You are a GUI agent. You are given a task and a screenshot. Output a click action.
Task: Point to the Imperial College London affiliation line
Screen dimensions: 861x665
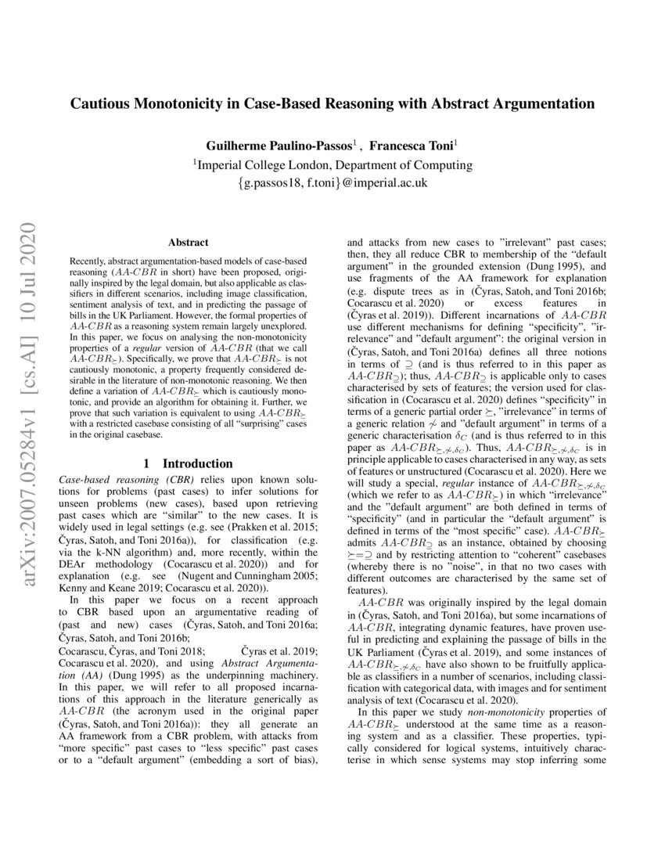click(x=332, y=165)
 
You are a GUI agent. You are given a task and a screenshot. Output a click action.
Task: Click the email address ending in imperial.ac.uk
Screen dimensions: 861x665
click(x=332, y=185)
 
